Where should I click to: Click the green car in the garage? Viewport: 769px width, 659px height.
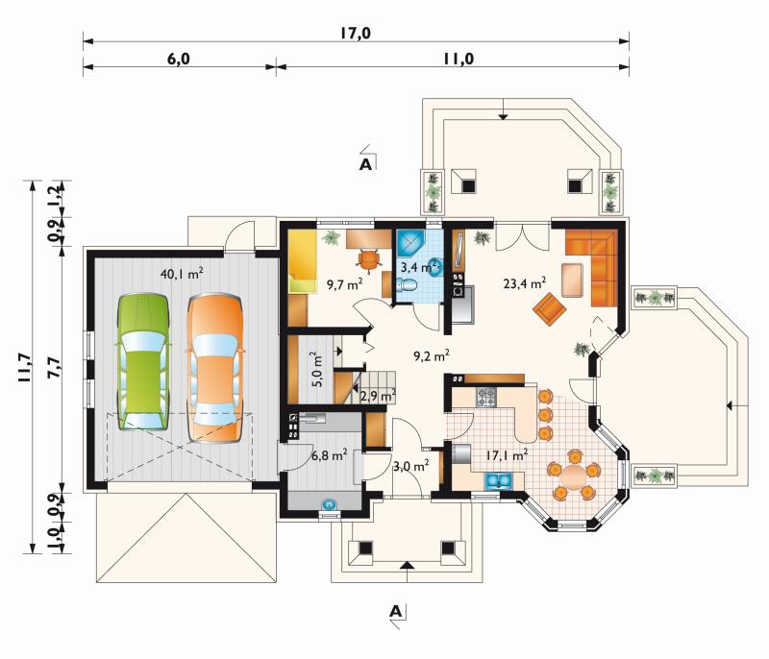[142, 361]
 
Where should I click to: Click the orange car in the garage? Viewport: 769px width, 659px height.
[214, 368]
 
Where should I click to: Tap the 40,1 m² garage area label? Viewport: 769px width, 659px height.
[182, 274]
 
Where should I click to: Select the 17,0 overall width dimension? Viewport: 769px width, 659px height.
[356, 34]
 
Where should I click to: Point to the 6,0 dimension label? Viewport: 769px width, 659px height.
[179, 59]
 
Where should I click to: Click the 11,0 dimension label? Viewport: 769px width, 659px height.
[459, 59]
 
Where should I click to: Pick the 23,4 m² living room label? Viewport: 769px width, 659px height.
[525, 282]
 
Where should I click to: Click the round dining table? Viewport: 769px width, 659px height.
[572, 474]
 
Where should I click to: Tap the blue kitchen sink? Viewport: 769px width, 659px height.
[499, 481]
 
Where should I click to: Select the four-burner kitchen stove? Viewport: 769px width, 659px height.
[486, 397]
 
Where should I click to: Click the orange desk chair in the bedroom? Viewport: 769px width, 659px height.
[369, 258]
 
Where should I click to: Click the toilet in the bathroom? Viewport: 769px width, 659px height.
[407, 284]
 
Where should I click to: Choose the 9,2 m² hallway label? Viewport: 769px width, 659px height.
[432, 355]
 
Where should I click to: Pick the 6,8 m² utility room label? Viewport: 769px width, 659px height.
[330, 454]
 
